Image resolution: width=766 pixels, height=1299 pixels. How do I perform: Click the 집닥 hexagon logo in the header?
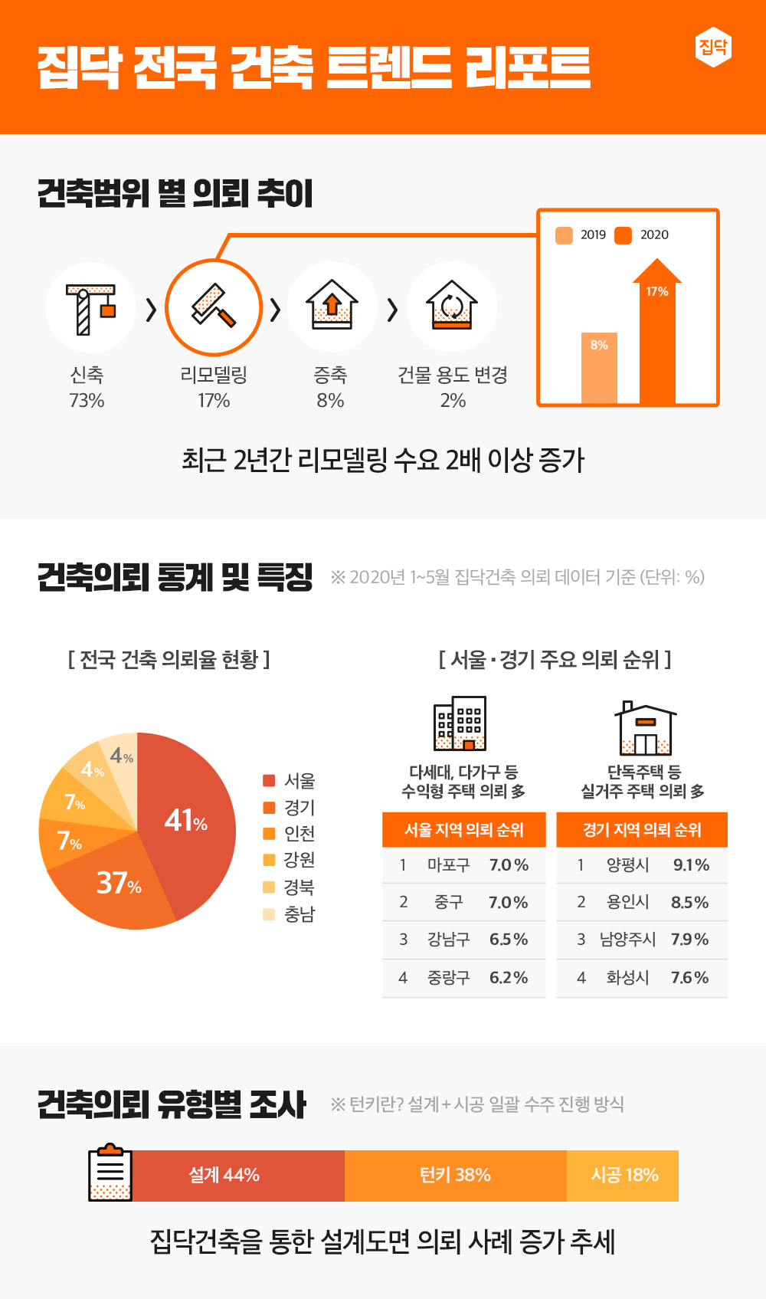713,48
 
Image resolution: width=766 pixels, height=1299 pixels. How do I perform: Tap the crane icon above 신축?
90,309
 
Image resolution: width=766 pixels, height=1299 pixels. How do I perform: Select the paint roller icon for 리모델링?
214,307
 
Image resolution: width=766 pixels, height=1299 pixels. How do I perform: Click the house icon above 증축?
332,306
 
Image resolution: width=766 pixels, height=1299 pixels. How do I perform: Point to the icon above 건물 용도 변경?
452,306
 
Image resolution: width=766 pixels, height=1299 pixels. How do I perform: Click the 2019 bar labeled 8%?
599,368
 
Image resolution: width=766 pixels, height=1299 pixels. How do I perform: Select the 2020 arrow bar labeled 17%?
657,337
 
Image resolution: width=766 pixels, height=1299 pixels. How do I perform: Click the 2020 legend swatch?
624,235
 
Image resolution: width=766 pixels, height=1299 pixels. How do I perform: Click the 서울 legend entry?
290,781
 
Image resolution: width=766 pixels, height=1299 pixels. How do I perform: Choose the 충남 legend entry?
290,914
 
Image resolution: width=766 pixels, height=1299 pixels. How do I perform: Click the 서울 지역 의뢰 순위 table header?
464,830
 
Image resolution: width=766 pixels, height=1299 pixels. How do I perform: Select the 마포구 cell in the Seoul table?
448,865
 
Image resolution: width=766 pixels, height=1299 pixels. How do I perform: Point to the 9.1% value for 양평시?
691,865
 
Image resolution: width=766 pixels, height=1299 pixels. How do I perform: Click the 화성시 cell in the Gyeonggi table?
627,978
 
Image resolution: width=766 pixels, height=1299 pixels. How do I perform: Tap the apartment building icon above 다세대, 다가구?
460,723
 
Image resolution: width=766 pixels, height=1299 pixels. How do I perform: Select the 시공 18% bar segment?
624,1176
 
